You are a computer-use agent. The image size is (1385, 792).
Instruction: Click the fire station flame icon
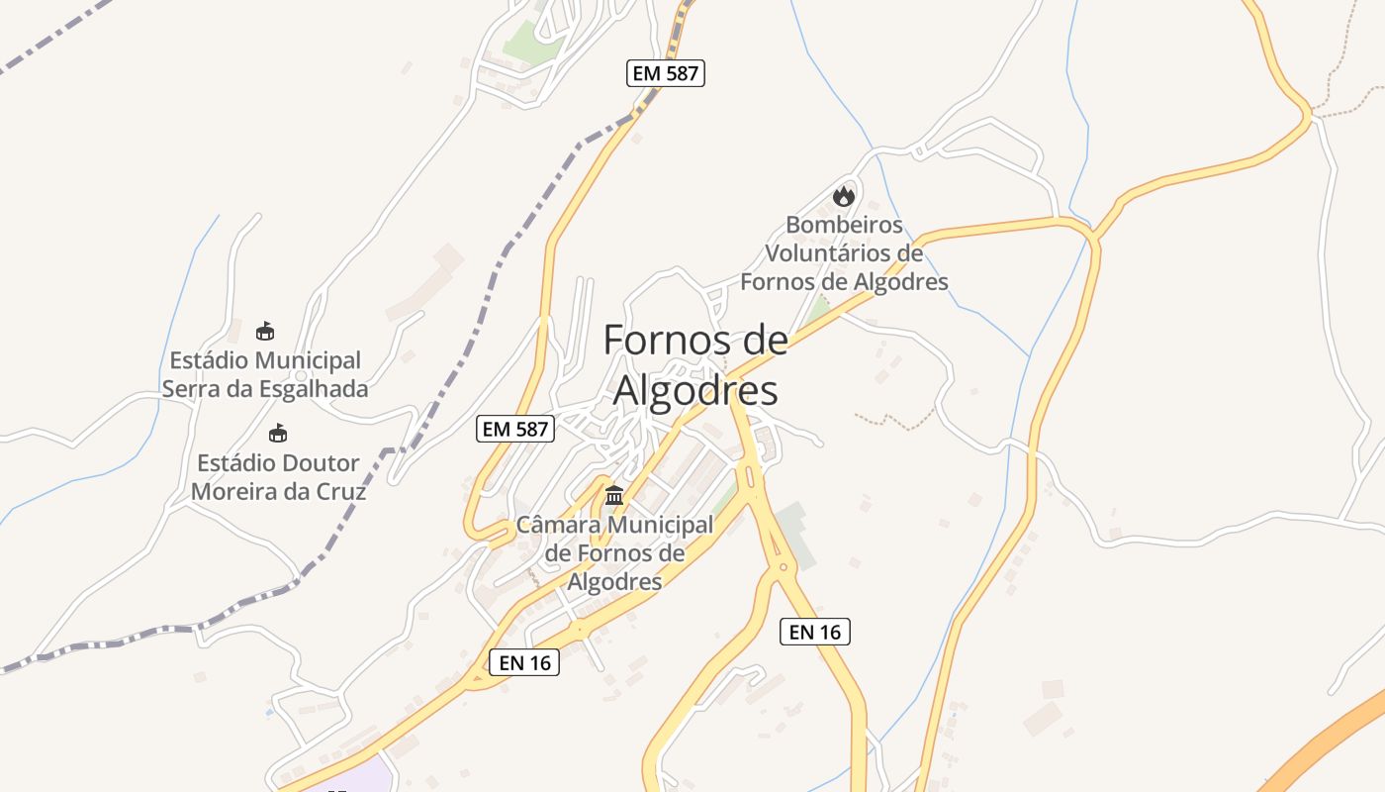pos(843,195)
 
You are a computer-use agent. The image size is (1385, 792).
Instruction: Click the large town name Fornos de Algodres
pos(695,365)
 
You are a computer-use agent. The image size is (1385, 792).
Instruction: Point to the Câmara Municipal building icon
pos(614,494)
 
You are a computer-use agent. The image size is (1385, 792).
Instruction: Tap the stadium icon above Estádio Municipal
pos(264,331)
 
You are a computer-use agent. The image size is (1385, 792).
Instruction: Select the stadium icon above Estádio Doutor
pos(278,434)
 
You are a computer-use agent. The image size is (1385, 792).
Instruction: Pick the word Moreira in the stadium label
pos(234,492)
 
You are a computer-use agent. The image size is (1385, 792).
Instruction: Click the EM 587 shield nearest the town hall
pos(515,429)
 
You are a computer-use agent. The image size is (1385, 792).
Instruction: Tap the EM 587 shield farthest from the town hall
pos(666,72)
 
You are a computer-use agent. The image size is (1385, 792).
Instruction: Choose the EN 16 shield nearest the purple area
pos(524,662)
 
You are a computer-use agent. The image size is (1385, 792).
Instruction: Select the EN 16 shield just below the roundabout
pos(815,631)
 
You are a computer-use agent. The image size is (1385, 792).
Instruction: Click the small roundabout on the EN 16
pos(784,568)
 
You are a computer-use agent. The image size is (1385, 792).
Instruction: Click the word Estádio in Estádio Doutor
pos(235,463)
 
